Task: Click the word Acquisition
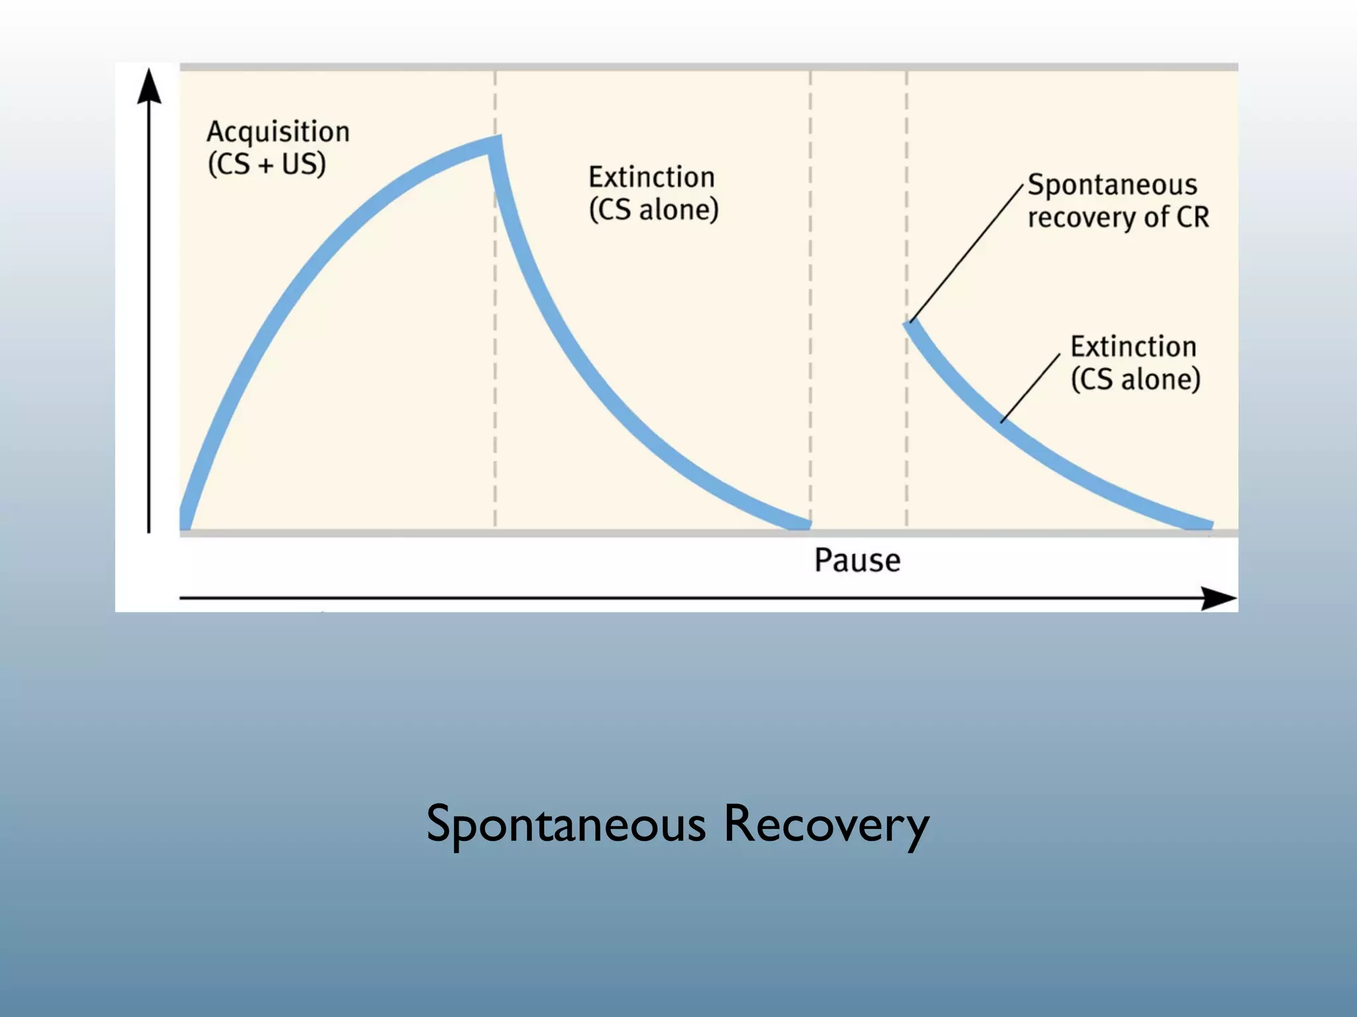point(278,132)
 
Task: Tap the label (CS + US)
point(266,164)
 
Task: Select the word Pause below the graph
point(857,560)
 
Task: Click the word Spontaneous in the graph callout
point(1113,185)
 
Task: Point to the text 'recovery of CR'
point(1118,217)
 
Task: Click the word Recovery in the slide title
point(826,824)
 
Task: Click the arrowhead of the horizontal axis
point(1218,599)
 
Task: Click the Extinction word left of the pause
point(652,177)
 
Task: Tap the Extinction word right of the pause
point(1134,347)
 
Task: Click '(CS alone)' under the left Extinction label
point(653,210)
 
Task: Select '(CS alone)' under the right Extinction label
point(1136,379)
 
